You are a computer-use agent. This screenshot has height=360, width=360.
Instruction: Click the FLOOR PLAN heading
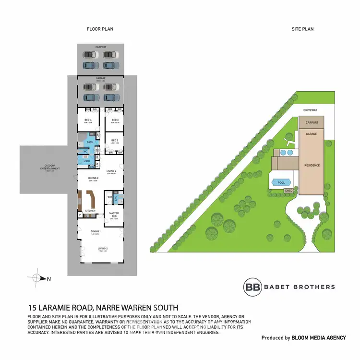tap(100, 29)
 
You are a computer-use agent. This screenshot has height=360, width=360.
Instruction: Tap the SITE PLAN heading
tap(302, 29)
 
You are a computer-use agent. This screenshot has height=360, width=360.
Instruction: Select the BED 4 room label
tap(88, 120)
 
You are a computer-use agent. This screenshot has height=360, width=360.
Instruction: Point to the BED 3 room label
tap(115, 120)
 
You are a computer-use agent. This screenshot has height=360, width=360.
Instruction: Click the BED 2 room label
tap(115, 140)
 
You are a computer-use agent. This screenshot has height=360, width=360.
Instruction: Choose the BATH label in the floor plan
tap(90, 143)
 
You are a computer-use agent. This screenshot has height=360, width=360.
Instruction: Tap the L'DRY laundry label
tap(87, 160)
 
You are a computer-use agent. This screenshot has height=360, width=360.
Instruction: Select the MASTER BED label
tap(114, 215)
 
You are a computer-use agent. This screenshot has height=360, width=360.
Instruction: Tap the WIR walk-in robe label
tap(109, 197)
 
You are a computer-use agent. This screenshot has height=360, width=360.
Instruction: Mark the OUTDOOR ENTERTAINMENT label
tap(50, 168)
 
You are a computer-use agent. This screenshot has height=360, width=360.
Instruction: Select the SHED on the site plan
tap(288, 191)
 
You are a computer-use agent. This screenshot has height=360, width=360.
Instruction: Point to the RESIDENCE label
tap(312, 166)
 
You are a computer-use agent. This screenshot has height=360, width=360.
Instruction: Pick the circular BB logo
tap(252, 287)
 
